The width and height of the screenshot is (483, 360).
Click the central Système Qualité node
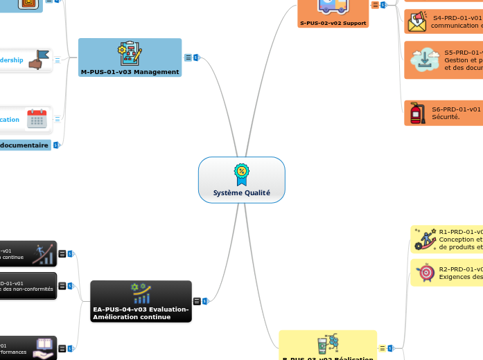click(241, 180)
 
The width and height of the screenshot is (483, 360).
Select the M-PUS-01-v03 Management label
click(130, 71)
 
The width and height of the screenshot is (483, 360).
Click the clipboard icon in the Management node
click(130, 53)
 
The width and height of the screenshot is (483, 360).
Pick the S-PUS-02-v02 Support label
click(333, 23)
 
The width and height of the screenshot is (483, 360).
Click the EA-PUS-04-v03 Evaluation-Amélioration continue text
click(141, 313)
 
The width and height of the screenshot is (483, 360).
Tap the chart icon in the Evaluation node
click(141, 294)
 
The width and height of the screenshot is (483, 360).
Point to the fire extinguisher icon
click(417, 113)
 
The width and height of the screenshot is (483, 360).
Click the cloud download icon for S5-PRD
click(423, 60)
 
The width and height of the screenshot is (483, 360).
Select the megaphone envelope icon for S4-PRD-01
click(417, 21)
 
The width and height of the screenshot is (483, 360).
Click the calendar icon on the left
click(37, 119)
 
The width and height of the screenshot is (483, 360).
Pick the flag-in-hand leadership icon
click(39, 60)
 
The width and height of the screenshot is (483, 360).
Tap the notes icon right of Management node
click(188, 57)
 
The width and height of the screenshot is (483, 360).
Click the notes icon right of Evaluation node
click(197, 301)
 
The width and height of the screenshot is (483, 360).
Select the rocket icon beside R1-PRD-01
click(423, 239)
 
